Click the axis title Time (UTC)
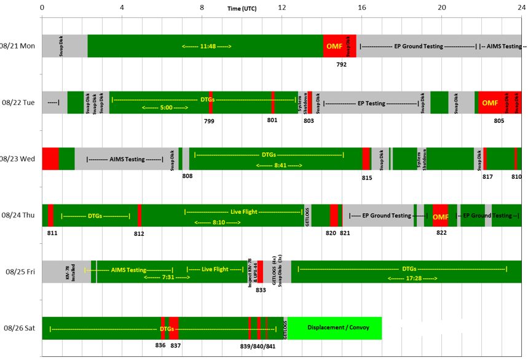click(x=242, y=9)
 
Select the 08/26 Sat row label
click(x=20, y=328)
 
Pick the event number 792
click(x=342, y=64)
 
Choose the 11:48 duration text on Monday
click(x=207, y=47)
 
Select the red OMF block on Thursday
click(x=441, y=217)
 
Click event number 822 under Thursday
click(x=441, y=233)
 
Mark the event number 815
click(x=367, y=178)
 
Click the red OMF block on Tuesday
click(x=490, y=103)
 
